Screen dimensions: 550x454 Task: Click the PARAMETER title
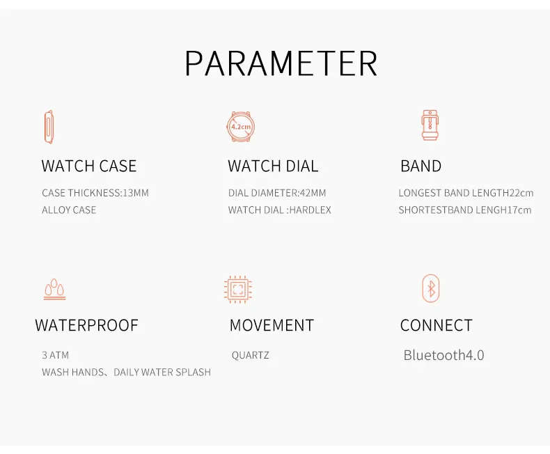click(x=281, y=63)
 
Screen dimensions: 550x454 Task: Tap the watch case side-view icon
click(x=49, y=127)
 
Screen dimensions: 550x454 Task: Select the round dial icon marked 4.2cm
click(x=241, y=127)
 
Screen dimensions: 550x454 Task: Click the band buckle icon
click(x=430, y=125)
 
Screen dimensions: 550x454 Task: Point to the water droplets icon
click(x=54, y=290)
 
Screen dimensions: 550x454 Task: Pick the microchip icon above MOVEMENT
click(x=238, y=290)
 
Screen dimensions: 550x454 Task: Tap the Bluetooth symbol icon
click(x=431, y=288)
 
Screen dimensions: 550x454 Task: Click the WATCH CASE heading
click(x=88, y=166)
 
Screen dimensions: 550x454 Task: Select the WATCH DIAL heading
click(x=273, y=166)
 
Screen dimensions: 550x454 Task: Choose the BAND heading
click(x=421, y=166)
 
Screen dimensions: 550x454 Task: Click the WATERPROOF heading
click(x=86, y=325)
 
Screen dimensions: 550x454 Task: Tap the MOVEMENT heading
click(x=272, y=325)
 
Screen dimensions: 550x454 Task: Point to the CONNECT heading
click(x=437, y=325)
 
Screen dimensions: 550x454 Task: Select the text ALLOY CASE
click(x=69, y=210)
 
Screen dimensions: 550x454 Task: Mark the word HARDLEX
click(x=311, y=210)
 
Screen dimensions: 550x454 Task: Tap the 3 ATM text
click(x=56, y=355)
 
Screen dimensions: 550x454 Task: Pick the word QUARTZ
click(x=251, y=355)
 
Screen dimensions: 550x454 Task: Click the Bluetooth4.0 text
click(x=443, y=355)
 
